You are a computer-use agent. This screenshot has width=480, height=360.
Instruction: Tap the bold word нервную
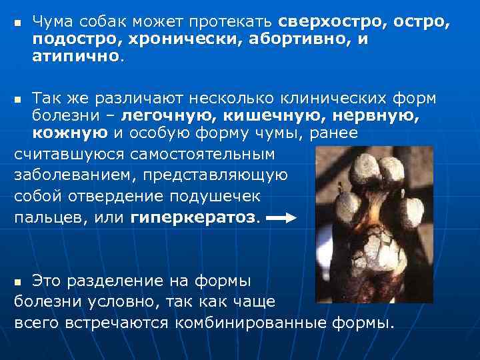click(x=383, y=117)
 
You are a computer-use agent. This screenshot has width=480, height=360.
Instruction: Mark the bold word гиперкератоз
click(x=193, y=218)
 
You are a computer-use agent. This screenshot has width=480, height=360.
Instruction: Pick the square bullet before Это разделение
click(x=19, y=281)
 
